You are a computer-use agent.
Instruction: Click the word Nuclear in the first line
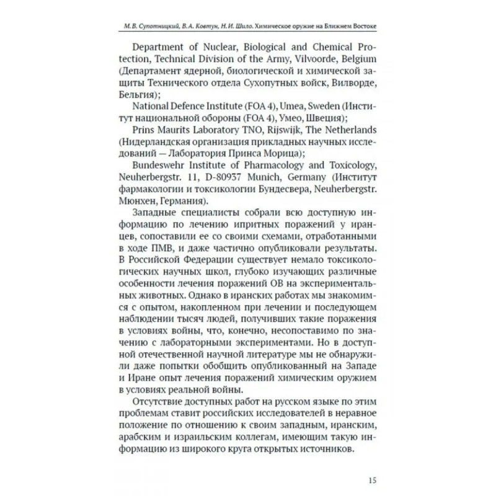(x=208, y=46)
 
